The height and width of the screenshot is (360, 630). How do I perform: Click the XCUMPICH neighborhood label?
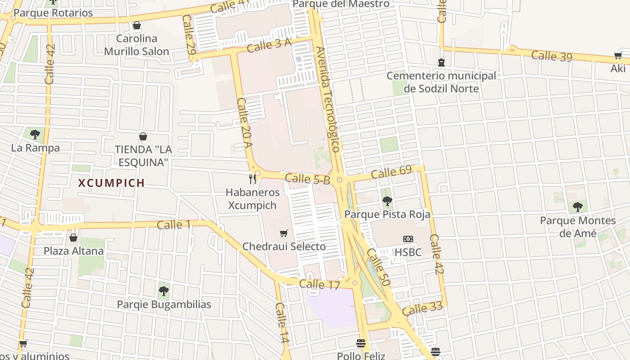[x=112, y=183]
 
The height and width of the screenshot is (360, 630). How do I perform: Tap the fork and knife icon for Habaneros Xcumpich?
[x=252, y=179]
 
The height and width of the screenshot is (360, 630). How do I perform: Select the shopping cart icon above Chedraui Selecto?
[x=283, y=233]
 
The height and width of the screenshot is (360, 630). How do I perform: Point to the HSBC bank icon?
[x=408, y=239]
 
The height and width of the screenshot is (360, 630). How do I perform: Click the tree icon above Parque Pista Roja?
[x=387, y=201]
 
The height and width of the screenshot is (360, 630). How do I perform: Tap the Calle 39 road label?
[x=551, y=56]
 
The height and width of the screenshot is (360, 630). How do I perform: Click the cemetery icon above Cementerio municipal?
[x=441, y=62]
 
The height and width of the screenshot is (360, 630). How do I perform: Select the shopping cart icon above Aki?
[x=618, y=56]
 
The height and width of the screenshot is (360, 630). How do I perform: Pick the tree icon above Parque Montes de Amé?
[x=578, y=207]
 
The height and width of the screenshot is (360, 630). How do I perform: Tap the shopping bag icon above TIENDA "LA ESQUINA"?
[x=143, y=136]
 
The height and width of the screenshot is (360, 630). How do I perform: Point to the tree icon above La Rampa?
[x=35, y=134]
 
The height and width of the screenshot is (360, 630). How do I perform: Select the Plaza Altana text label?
[x=74, y=251]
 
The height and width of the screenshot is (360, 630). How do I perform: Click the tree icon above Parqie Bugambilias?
[x=164, y=291]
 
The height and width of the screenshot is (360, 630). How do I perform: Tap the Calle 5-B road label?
[x=307, y=179]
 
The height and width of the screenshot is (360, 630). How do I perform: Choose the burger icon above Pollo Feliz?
[x=360, y=343]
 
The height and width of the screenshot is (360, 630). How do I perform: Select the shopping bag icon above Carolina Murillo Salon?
[x=137, y=25]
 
